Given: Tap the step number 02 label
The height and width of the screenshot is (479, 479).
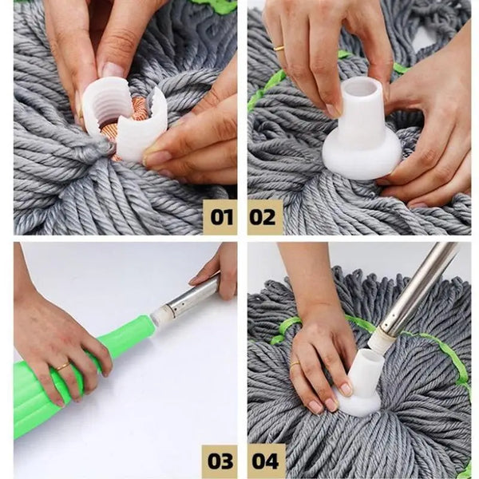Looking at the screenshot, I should pyautogui.click(x=264, y=217).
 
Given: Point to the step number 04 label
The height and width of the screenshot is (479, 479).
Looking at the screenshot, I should pyautogui.click(x=264, y=461).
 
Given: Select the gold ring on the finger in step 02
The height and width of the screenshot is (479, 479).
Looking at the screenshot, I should pyautogui.click(x=279, y=49).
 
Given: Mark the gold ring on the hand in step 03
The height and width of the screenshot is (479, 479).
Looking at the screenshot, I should pyautogui.click(x=61, y=366).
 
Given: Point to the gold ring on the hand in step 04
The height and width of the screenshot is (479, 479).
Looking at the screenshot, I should pyautogui.click(x=295, y=365).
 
